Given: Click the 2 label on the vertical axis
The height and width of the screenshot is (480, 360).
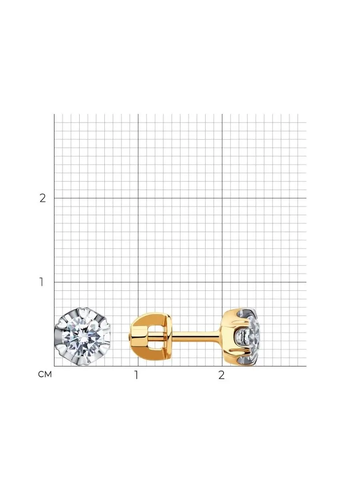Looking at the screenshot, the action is coord(43,198).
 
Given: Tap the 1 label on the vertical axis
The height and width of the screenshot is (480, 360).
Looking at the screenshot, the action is coord(41,282).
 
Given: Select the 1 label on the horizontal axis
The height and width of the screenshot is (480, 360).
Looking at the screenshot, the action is coord(136,375).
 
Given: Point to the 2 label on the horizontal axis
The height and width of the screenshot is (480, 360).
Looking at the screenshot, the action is coord(222,375).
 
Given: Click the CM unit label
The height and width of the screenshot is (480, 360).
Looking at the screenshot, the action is coord(45,374).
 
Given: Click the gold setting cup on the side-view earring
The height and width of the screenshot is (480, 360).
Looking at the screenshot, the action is coord(235,337).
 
